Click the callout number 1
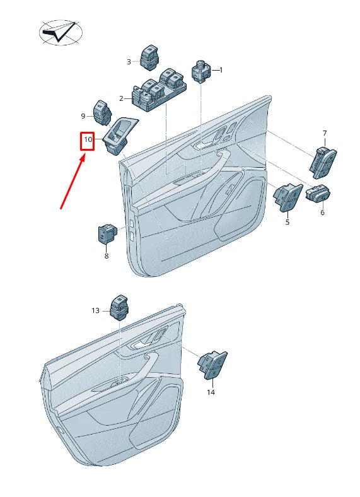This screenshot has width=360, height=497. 221,70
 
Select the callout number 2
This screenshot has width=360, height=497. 122,98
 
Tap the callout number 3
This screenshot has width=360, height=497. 129,62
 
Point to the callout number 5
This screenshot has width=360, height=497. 287,222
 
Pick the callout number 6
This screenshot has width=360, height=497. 322,213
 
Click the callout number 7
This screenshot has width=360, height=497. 325,133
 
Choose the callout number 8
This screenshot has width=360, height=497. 106,256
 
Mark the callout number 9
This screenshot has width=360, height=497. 83,116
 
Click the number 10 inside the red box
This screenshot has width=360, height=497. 88,139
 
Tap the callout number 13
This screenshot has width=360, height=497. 95,310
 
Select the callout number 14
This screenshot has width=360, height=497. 211,392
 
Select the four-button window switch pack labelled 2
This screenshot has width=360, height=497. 159,90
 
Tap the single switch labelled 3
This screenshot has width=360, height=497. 150,58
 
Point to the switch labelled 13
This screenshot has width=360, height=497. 119,307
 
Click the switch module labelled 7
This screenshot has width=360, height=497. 322,160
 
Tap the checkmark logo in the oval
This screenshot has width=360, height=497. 61,32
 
